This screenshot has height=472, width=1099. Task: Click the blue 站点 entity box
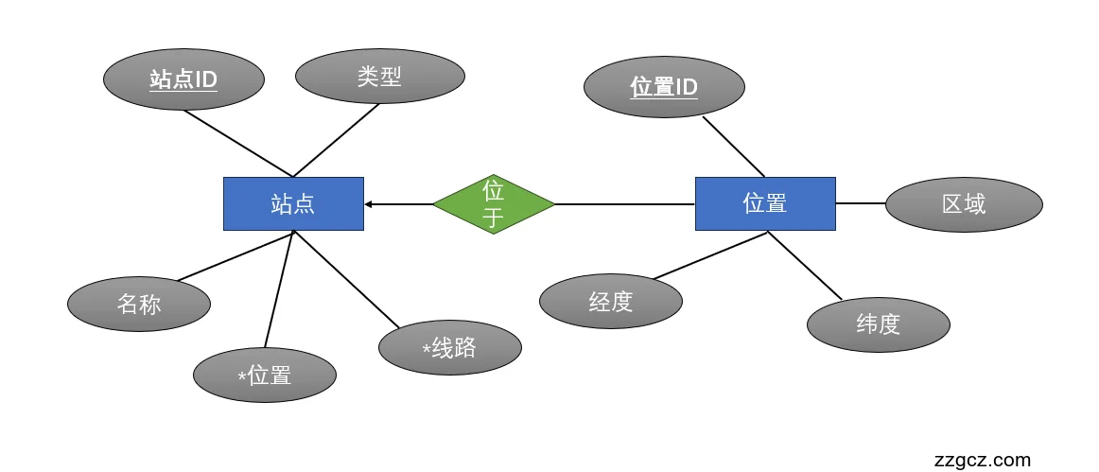[x=293, y=203]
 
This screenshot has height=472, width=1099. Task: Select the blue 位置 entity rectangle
[x=765, y=203]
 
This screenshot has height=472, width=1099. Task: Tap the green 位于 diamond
[x=493, y=203]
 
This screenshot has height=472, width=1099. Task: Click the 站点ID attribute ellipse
[x=183, y=79]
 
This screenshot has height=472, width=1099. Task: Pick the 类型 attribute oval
[x=379, y=77]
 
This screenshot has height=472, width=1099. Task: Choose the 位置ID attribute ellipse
[x=664, y=87]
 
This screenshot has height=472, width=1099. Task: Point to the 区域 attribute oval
[x=964, y=204]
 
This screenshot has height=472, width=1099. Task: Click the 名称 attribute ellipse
[x=139, y=305]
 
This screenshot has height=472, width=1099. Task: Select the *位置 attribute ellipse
[x=265, y=376]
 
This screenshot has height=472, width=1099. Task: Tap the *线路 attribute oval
[x=449, y=348]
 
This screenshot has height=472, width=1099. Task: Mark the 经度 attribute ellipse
[x=610, y=303]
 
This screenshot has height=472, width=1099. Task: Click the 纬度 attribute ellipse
[x=878, y=324]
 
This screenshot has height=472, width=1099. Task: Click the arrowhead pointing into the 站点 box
[x=370, y=204]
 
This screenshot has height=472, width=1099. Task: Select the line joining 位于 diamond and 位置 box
[x=624, y=203]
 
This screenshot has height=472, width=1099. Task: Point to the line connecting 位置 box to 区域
[x=861, y=203]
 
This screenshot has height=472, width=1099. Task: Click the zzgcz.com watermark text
[x=982, y=461]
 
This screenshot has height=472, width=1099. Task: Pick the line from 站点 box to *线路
[x=346, y=279]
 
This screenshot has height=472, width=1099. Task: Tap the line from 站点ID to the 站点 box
[x=238, y=143]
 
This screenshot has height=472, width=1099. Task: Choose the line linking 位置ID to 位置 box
[x=733, y=147]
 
